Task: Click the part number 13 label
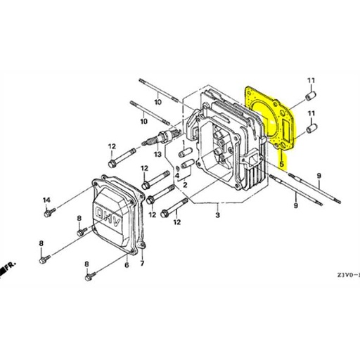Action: coord(158,154)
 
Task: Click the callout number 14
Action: coord(47,200)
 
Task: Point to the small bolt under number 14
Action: coord(47,214)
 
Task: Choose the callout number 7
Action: coord(142,264)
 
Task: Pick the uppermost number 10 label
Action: coord(158,103)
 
